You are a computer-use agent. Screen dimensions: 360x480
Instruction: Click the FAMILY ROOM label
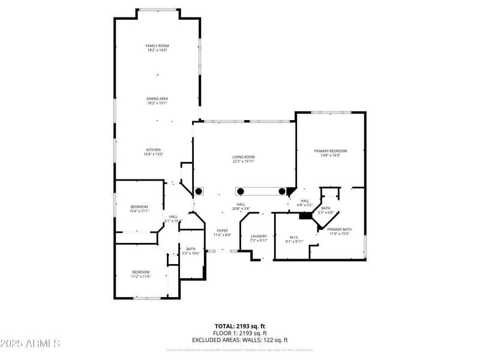click(158, 46)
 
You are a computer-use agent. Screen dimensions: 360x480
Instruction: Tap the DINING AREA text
click(157, 98)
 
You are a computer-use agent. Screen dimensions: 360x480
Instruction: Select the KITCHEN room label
click(153, 149)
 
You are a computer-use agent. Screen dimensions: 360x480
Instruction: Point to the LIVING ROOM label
click(244, 157)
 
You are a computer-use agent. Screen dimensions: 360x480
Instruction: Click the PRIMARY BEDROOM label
click(331, 151)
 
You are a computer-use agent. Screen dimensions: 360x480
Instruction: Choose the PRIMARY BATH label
click(339, 229)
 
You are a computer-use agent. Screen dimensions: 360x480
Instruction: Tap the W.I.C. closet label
click(294, 237)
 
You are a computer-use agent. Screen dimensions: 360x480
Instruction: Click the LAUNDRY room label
click(258, 236)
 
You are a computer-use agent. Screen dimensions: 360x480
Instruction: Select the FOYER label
click(222, 230)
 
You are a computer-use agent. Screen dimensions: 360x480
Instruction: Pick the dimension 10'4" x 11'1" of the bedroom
click(139, 211)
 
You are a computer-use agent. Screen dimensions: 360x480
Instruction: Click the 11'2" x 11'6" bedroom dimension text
click(140, 276)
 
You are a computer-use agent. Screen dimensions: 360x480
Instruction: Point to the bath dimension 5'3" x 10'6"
click(191, 253)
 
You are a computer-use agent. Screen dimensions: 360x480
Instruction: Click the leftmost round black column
click(199, 191)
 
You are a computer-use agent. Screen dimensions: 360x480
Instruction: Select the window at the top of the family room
click(158, 10)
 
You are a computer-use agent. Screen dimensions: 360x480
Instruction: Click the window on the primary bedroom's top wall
click(331, 112)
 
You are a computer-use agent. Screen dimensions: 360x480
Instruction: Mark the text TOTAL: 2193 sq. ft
click(240, 326)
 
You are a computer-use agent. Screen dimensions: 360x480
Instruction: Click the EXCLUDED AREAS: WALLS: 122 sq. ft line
click(240, 340)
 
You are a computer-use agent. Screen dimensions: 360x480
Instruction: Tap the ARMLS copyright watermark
click(30, 344)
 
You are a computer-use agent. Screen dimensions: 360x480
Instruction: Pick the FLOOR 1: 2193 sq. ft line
click(240, 333)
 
